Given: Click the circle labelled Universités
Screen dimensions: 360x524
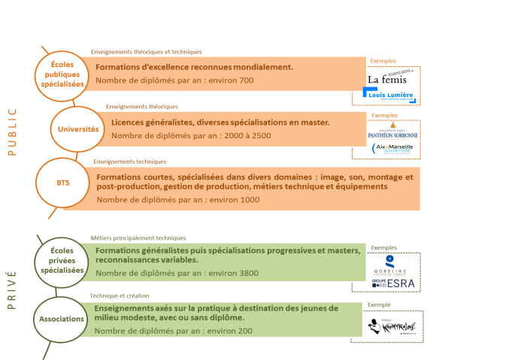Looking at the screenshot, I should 78,129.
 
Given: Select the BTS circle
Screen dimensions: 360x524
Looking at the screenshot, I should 62,183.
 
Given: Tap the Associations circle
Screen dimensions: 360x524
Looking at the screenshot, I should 62,319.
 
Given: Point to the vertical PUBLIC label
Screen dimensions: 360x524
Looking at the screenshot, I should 11,132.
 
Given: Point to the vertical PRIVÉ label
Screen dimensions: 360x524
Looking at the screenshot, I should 11,289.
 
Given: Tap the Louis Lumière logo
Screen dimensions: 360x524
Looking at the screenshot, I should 388,95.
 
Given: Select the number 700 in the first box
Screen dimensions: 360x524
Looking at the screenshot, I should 246,80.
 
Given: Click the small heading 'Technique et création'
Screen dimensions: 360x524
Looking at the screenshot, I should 120,296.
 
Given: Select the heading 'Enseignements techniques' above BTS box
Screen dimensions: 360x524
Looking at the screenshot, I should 130,161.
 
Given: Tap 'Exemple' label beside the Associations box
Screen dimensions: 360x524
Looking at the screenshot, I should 379,305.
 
